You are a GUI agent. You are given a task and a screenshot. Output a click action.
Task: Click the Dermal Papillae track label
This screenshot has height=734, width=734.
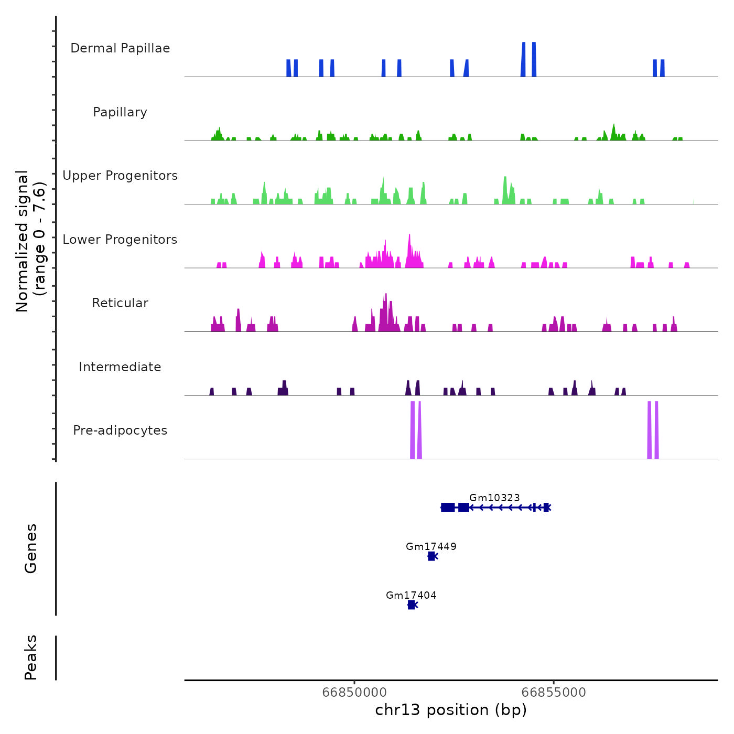(120, 48)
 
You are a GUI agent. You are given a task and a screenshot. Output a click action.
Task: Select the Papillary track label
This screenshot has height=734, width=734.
(120, 112)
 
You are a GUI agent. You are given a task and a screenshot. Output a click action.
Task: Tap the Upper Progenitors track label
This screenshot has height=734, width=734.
(120, 176)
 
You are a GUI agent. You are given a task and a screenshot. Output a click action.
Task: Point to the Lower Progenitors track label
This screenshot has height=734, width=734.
(120, 240)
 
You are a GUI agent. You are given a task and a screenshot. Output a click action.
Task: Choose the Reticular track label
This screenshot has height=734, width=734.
(120, 303)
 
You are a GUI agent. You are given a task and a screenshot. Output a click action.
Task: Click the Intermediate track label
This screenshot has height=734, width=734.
(120, 367)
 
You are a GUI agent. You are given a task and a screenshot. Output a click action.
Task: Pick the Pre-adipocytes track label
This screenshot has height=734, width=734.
(120, 430)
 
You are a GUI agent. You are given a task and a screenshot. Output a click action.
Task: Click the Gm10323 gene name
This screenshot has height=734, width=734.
(494, 498)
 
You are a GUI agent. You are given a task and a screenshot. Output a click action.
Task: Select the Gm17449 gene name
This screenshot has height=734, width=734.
(431, 546)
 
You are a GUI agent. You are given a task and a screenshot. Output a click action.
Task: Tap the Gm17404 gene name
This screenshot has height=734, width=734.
(411, 595)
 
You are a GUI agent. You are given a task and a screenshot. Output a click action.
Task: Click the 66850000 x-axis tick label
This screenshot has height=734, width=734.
(355, 692)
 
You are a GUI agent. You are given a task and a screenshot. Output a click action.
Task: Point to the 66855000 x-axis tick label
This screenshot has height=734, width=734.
(554, 692)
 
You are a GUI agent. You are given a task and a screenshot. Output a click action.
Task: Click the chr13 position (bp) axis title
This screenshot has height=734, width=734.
(451, 710)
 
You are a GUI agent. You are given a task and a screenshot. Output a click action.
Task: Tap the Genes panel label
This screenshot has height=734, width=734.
(30, 548)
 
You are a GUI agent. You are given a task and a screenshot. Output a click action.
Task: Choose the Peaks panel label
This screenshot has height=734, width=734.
(30, 657)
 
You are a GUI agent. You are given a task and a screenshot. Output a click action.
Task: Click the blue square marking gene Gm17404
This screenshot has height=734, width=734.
(411, 605)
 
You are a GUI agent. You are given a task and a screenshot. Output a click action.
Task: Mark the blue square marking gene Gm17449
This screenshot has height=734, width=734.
(431, 556)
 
